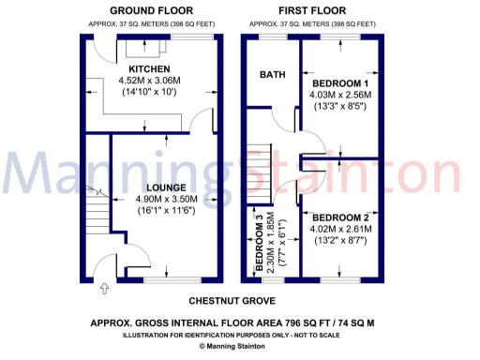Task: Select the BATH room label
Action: coord(273,75)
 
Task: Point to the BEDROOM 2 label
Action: coord(341,217)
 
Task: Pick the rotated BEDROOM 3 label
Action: coord(260,242)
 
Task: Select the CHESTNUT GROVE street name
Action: coord(232,301)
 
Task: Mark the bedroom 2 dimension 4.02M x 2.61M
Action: coord(341,229)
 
